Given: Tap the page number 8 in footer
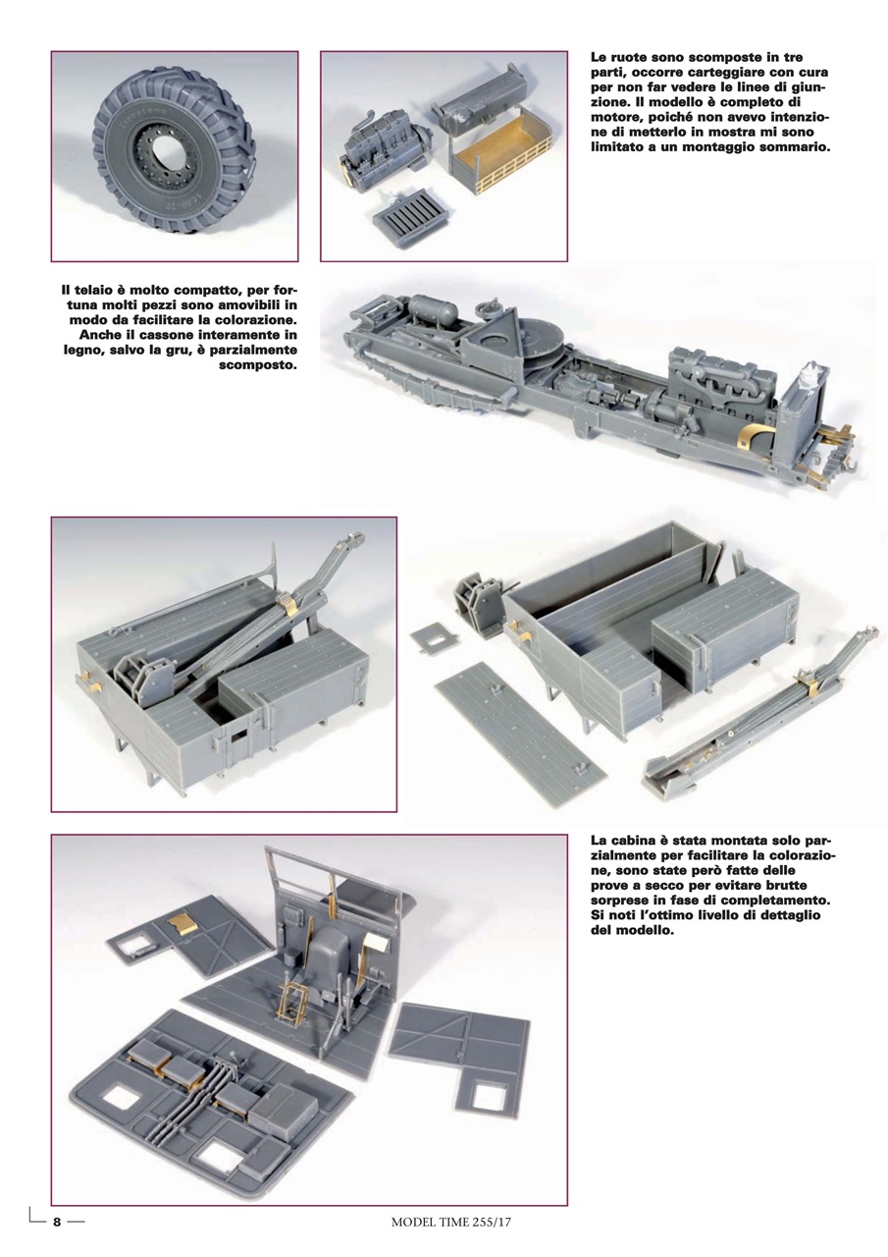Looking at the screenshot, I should click(x=57, y=1223).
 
